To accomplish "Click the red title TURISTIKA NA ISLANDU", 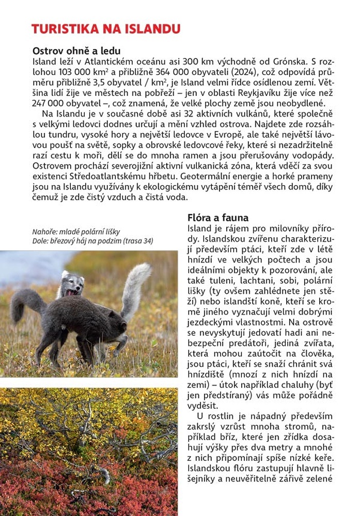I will [x=105, y=29].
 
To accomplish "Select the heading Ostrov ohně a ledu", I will [x=76, y=51].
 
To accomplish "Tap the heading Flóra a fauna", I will [x=217, y=217].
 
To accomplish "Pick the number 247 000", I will [x=50, y=103].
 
